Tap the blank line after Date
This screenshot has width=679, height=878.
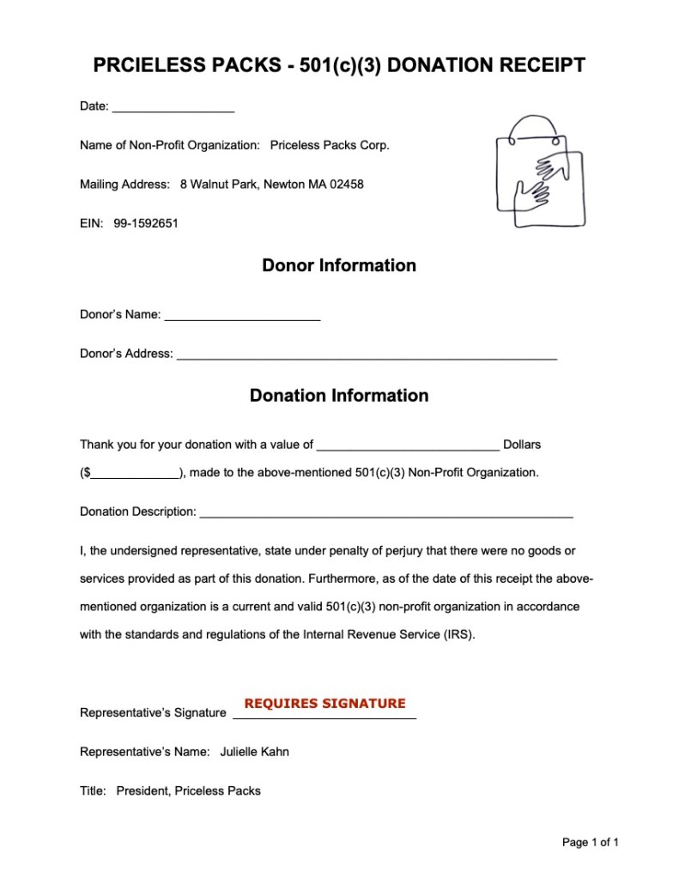[x=173, y=108]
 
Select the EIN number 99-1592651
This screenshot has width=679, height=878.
[x=146, y=223]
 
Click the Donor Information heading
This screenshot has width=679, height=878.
[x=339, y=266]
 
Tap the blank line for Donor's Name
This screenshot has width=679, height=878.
[x=242, y=317]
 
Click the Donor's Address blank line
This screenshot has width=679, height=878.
[x=367, y=355]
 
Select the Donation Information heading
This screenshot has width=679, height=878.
[x=339, y=396]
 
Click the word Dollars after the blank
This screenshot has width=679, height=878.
[x=522, y=445]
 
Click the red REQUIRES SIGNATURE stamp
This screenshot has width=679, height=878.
[x=324, y=704]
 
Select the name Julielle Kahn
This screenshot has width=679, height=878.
[x=255, y=752]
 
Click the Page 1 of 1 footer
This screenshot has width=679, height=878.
[x=590, y=843]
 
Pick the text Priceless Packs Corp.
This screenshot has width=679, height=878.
[x=330, y=145]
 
